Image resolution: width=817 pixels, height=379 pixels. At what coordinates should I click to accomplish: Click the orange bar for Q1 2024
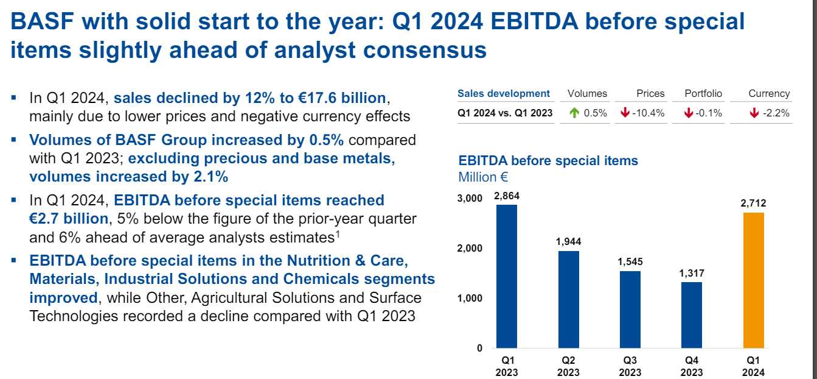[753, 280]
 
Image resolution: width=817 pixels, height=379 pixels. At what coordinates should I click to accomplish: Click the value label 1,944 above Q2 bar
[568, 242]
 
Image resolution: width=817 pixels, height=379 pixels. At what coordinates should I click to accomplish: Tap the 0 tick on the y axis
[479, 349]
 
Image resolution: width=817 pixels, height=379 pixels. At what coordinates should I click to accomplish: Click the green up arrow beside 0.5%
[574, 113]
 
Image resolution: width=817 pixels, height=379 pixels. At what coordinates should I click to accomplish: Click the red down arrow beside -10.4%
[625, 113]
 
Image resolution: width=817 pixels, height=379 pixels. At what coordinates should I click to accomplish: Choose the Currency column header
[769, 93]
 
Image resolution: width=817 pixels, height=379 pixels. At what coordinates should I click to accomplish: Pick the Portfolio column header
[703, 93]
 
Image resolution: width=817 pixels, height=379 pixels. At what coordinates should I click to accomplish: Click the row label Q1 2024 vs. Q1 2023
[505, 113]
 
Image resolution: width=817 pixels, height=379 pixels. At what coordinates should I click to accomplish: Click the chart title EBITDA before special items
[548, 161]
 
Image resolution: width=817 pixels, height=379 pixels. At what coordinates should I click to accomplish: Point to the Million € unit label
[483, 177]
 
